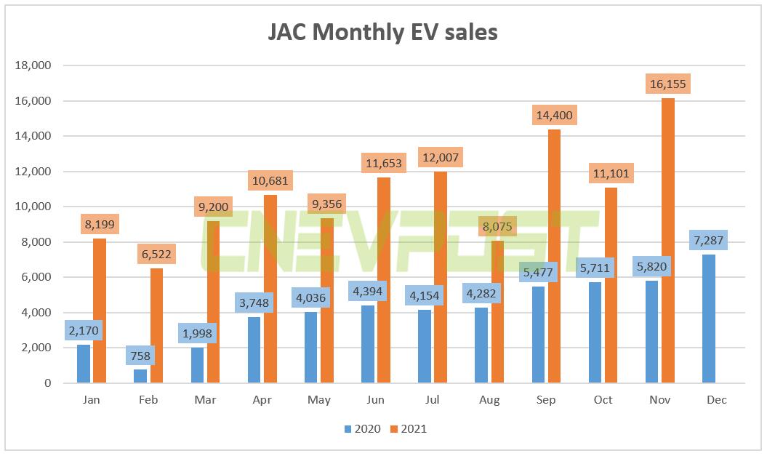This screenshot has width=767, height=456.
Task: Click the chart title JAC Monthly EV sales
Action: click(x=383, y=32)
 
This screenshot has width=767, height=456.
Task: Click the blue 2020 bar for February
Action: click(x=140, y=376)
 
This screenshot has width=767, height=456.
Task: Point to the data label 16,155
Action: click(x=667, y=84)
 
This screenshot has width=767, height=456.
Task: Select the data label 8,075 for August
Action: click(x=497, y=226)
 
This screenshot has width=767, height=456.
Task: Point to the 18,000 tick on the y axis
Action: click(x=32, y=65)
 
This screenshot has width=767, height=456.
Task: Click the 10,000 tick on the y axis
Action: click(x=32, y=207)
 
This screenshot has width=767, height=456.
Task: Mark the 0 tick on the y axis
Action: click(x=46, y=383)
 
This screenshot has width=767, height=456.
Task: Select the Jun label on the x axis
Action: click(x=376, y=400)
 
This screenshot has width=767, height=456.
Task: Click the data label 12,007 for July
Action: click(x=440, y=156)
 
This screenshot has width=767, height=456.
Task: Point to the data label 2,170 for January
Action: click(x=84, y=331)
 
